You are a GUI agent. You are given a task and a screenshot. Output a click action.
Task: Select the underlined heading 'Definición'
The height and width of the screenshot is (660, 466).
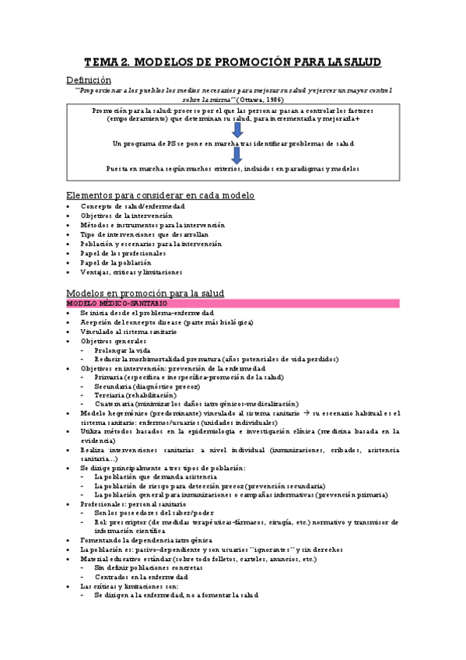88,79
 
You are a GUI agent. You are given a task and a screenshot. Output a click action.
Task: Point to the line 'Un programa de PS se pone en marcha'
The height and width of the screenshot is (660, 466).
233,143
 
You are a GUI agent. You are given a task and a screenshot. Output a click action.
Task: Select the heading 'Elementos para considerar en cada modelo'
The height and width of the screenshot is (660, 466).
160,195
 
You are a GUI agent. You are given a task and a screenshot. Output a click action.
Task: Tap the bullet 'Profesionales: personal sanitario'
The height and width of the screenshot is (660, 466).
138,504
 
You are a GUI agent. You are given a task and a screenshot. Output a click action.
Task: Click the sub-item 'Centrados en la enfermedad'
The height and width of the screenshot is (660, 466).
141,577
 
